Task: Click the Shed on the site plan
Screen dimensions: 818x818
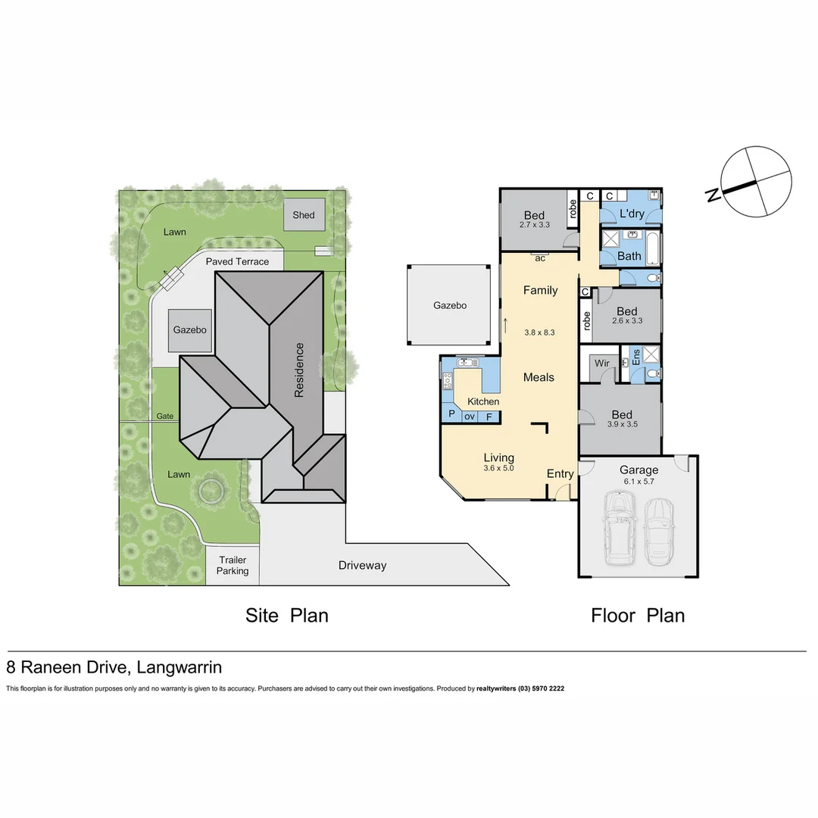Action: pyautogui.click(x=304, y=215)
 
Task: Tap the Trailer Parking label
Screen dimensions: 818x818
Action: pyautogui.click(x=233, y=565)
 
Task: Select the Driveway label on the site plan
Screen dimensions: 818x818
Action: pyautogui.click(x=362, y=565)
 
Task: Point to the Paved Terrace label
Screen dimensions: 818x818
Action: pyautogui.click(x=237, y=261)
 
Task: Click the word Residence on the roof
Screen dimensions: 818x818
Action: pyautogui.click(x=299, y=370)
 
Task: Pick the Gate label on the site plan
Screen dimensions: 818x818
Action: pyautogui.click(x=164, y=416)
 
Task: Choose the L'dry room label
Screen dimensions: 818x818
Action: pyautogui.click(x=632, y=214)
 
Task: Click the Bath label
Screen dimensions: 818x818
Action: pyautogui.click(x=629, y=256)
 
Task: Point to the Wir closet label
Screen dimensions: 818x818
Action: pyautogui.click(x=602, y=364)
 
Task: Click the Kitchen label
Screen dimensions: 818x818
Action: pyautogui.click(x=482, y=401)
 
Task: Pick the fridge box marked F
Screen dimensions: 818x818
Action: pyautogui.click(x=489, y=416)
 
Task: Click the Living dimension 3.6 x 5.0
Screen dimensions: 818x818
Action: pyautogui.click(x=499, y=468)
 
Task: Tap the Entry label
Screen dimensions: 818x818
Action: pyautogui.click(x=560, y=473)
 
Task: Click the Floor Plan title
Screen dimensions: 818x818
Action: pyautogui.click(x=638, y=615)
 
